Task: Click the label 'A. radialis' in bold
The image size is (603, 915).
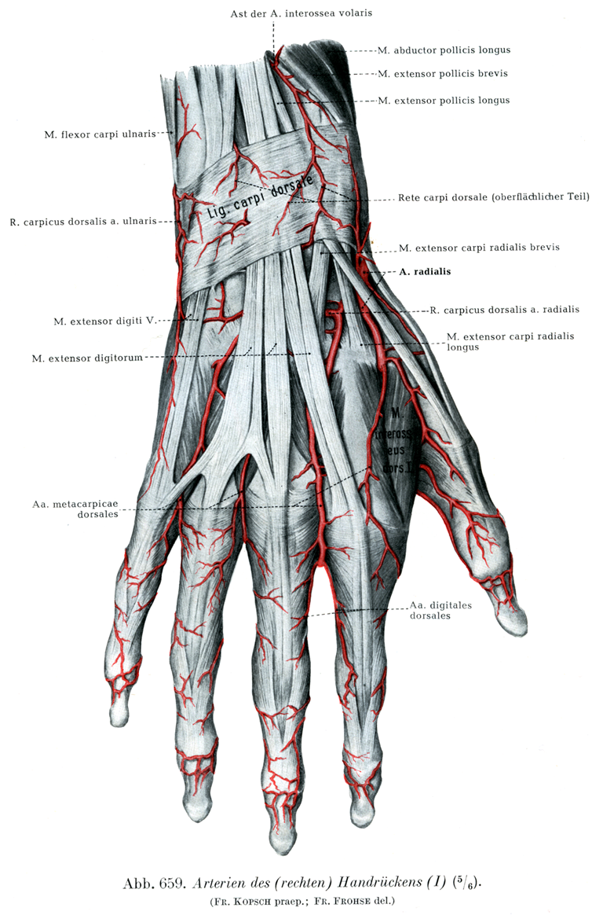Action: coord(425,271)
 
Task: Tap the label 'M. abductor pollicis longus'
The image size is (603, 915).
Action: coord(444,50)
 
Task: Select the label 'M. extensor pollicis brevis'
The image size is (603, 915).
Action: coord(443,74)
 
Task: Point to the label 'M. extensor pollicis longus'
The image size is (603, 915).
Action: coord(444,101)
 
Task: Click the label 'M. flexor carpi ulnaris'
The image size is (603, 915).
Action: coord(100,134)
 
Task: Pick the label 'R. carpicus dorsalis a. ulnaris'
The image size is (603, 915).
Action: coord(83,222)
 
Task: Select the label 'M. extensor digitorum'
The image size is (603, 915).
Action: coord(87,358)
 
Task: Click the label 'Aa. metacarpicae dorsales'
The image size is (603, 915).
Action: coord(75,509)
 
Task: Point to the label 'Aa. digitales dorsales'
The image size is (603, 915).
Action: coord(440,610)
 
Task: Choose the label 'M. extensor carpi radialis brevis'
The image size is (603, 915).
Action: coord(479,248)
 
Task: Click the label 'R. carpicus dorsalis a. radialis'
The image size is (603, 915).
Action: coord(505,310)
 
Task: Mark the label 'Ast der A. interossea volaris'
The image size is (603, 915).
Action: coord(301,13)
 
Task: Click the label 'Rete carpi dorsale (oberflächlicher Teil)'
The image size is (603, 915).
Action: coord(494,197)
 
